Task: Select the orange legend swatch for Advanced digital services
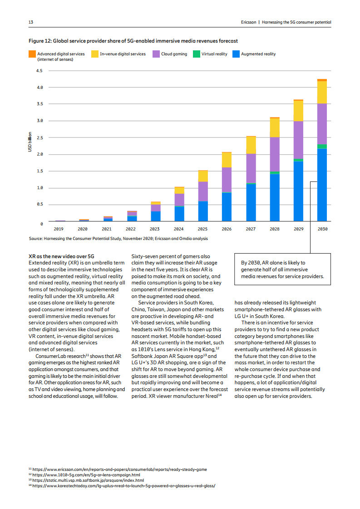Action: pos(32,54)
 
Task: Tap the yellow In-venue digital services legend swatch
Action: pos(95,54)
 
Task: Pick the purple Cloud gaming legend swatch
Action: pos(156,54)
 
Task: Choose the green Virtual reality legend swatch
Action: pos(197,54)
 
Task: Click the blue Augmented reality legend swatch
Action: pos(236,54)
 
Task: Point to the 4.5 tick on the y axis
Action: pos(39,71)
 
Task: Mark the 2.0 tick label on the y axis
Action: pos(39,154)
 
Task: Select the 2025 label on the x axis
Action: pos(202,229)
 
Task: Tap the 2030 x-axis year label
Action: pos(322,229)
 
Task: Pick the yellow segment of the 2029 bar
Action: pos(298,111)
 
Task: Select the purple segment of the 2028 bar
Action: pos(274,154)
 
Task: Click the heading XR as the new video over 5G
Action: pos(61,257)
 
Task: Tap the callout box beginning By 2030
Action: pos(282,269)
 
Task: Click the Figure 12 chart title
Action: pos(133,41)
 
